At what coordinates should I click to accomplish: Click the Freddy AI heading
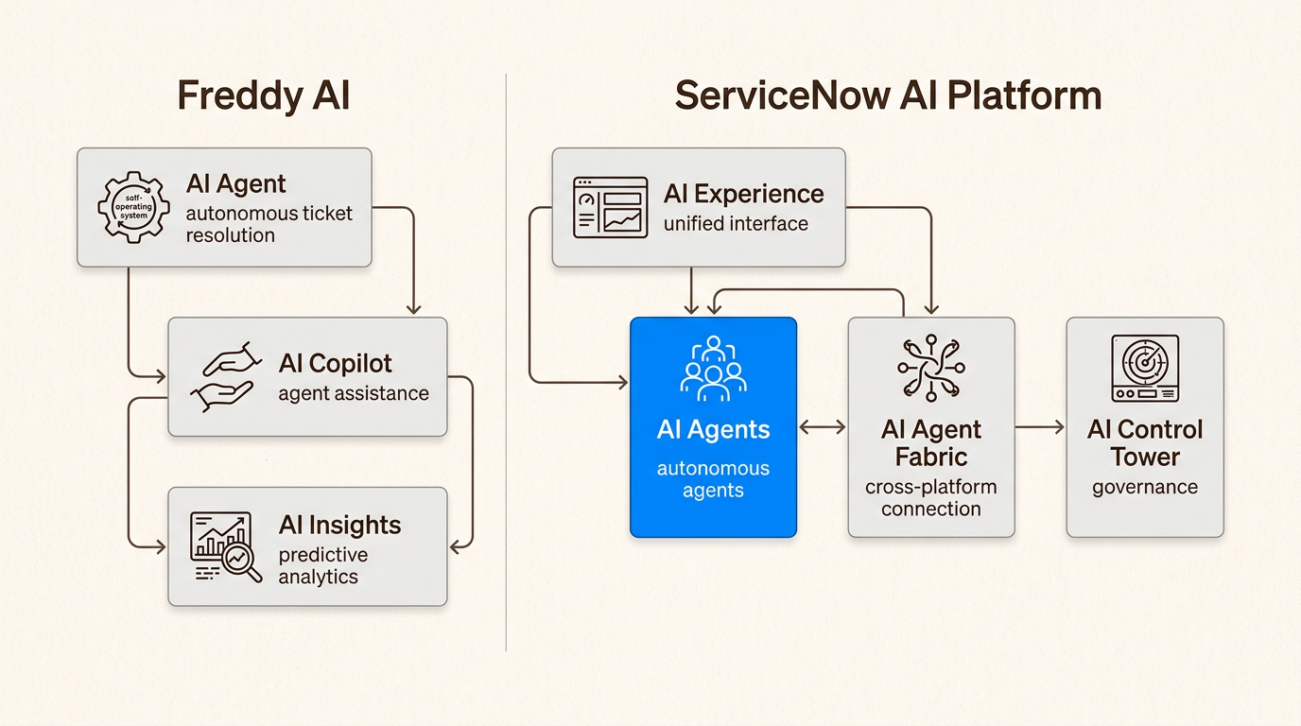[264, 97]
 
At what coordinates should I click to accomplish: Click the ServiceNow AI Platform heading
[888, 96]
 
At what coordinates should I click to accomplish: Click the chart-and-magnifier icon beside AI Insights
[225, 546]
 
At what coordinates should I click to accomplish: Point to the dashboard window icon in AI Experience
[610, 206]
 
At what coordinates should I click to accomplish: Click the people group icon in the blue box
[713, 368]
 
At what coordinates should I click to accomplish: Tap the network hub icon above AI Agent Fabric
[930, 368]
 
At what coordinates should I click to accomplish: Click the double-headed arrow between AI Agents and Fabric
[823, 427]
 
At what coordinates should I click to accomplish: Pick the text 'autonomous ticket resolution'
[269, 224]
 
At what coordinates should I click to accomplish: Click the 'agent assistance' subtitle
[353, 393]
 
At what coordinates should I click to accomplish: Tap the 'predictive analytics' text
[322, 565]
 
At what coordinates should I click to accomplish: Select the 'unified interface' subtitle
[736, 224]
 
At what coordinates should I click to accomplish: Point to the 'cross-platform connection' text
[930, 498]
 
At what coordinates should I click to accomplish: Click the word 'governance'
[1144, 488]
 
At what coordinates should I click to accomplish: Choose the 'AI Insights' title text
[339, 526]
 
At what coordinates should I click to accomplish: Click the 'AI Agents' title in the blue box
[713, 429]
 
